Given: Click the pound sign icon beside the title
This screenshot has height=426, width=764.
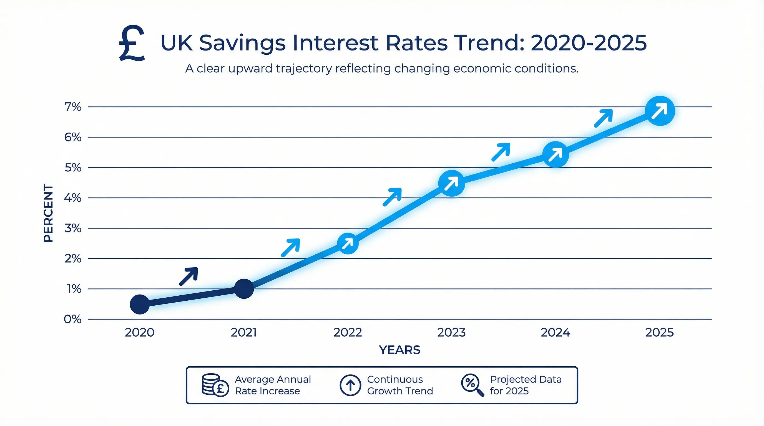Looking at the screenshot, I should pyautogui.click(x=132, y=43).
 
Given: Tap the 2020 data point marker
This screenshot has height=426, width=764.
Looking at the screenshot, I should pyautogui.click(x=140, y=304).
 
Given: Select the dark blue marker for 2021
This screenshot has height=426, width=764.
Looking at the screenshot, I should pyautogui.click(x=244, y=288).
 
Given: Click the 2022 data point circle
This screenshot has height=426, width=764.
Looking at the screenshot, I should pyautogui.click(x=348, y=243).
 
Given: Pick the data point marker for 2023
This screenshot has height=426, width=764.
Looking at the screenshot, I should pyautogui.click(x=451, y=183).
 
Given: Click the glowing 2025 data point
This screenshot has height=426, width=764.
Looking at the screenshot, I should pyautogui.click(x=660, y=111).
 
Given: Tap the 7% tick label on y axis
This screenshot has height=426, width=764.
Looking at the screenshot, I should pyautogui.click(x=73, y=107).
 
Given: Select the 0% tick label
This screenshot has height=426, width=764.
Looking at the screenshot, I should pyautogui.click(x=73, y=319).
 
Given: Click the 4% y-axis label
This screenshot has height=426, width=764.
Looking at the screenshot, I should pyautogui.click(x=73, y=197).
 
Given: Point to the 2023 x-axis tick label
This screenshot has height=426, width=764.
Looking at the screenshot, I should pyautogui.click(x=451, y=332).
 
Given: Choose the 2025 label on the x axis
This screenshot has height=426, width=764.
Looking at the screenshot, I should pyautogui.click(x=660, y=332).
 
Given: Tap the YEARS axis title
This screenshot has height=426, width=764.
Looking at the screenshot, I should pyautogui.click(x=399, y=350).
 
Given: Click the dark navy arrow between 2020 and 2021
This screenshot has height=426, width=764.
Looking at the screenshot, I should pyautogui.click(x=189, y=276).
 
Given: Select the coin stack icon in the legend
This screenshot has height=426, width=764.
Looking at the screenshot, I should pyautogui.click(x=215, y=385).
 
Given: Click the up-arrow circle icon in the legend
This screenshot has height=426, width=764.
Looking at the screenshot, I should pyautogui.click(x=350, y=385).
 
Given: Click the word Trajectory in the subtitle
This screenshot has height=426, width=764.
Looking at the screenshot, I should pyautogui.click(x=304, y=69).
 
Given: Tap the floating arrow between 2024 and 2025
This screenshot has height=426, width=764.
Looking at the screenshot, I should pyautogui.click(x=604, y=118).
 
